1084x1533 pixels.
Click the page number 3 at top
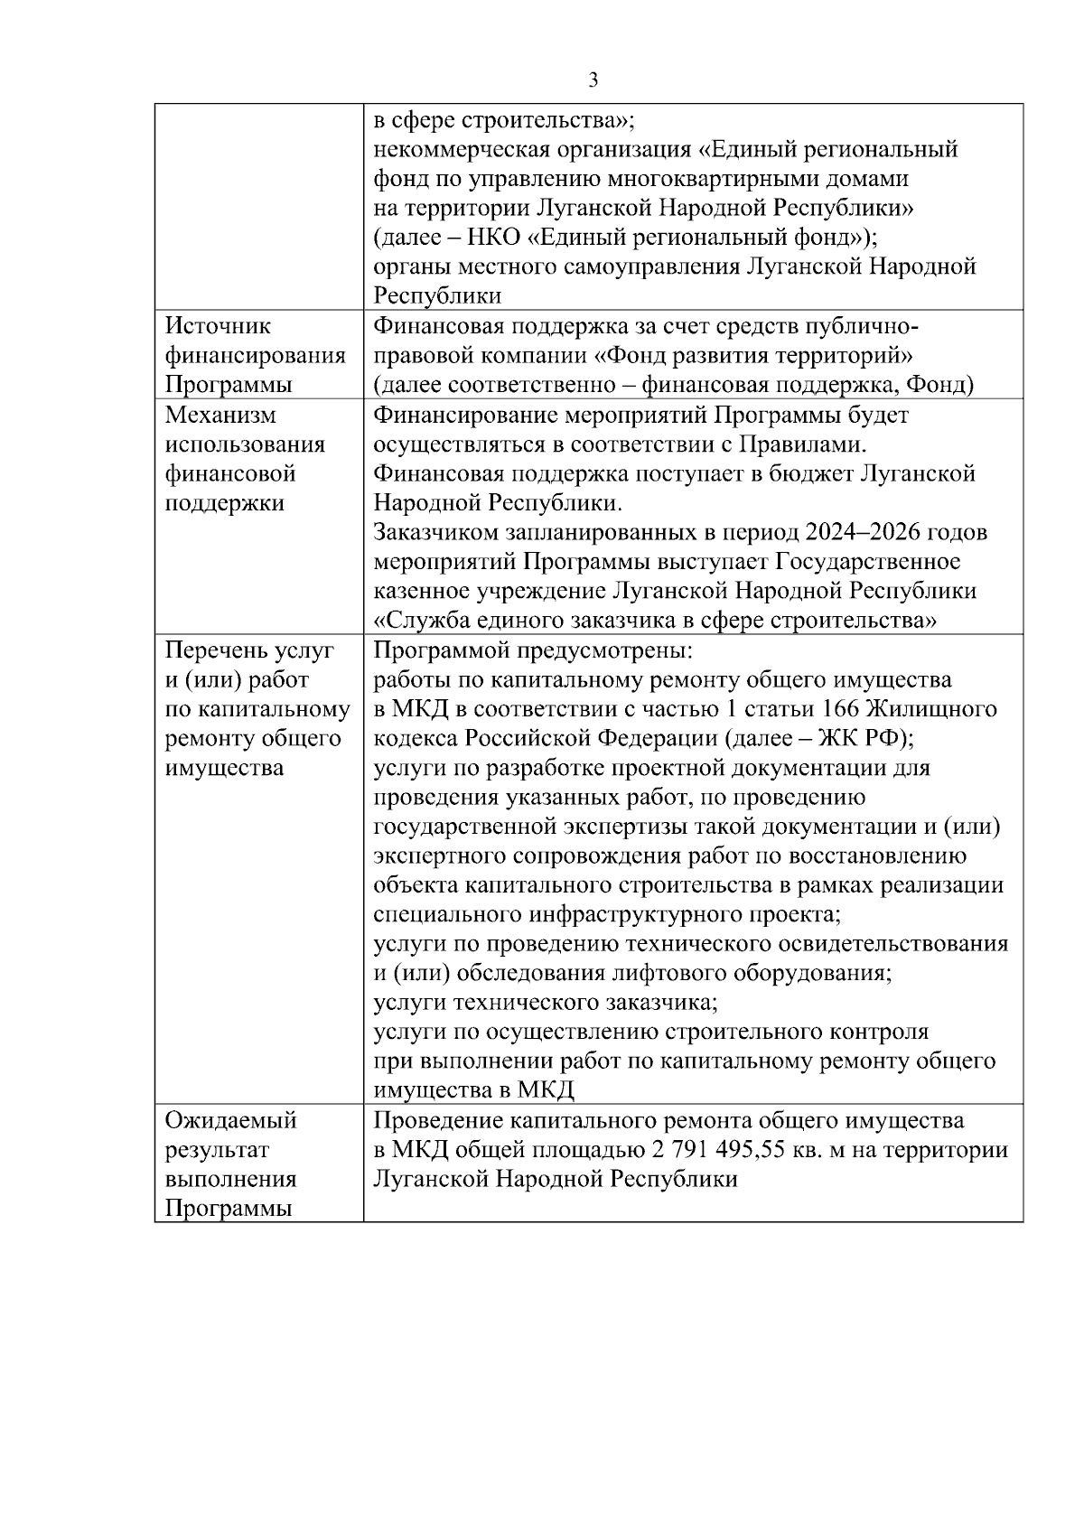pyautogui.click(x=593, y=80)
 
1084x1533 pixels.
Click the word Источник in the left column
pyautogui.click(x=218, y=326)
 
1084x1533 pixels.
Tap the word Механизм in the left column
pyautogui.click(x=220, y=416)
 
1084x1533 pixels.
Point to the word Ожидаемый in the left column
pyautogui.click(x=231, y=1121)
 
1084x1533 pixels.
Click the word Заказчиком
pyautogui.click(x=440, y=532)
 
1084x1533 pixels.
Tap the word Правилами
pyautogui.click(x=802, y=444)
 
